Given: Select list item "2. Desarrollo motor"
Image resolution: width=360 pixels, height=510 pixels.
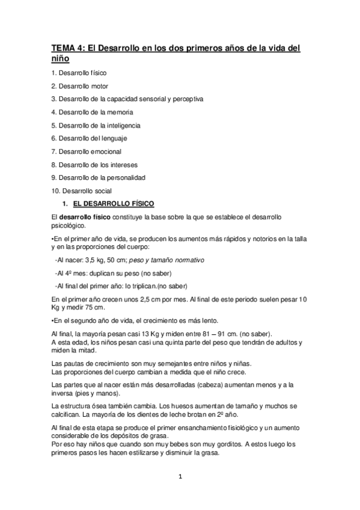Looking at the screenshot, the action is (80, 86).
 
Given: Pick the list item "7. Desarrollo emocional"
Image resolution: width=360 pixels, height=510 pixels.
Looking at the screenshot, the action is (87, 152).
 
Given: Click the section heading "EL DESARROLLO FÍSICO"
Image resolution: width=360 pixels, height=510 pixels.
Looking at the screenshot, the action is (112, 204).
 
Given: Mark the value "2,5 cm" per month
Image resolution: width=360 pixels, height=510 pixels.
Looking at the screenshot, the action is (150, 300).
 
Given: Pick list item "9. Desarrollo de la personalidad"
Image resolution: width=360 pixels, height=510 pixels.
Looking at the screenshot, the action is (98, 177).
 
